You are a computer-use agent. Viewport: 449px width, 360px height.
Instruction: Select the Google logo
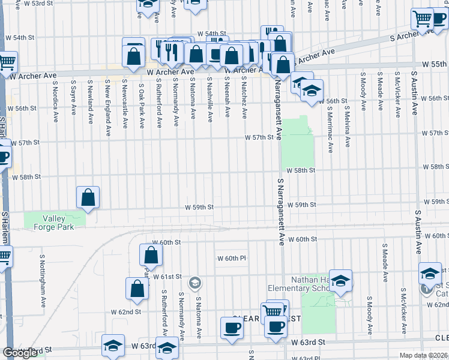click(x=20, y=353)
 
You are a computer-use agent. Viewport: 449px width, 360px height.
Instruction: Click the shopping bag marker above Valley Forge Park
click(x=88, y=197)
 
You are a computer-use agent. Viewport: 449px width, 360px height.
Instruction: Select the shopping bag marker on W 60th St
click(x=150, y=254)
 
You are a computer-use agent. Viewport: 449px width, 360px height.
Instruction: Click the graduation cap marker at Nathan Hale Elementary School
click(x=340, y=281)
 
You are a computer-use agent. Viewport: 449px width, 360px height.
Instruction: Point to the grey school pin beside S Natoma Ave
click(x=195, y=283)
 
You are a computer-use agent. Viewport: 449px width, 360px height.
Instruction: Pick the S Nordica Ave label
click(x=55, y=95)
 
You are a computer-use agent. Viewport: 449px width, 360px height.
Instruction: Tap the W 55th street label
click(x=435, y=64)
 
